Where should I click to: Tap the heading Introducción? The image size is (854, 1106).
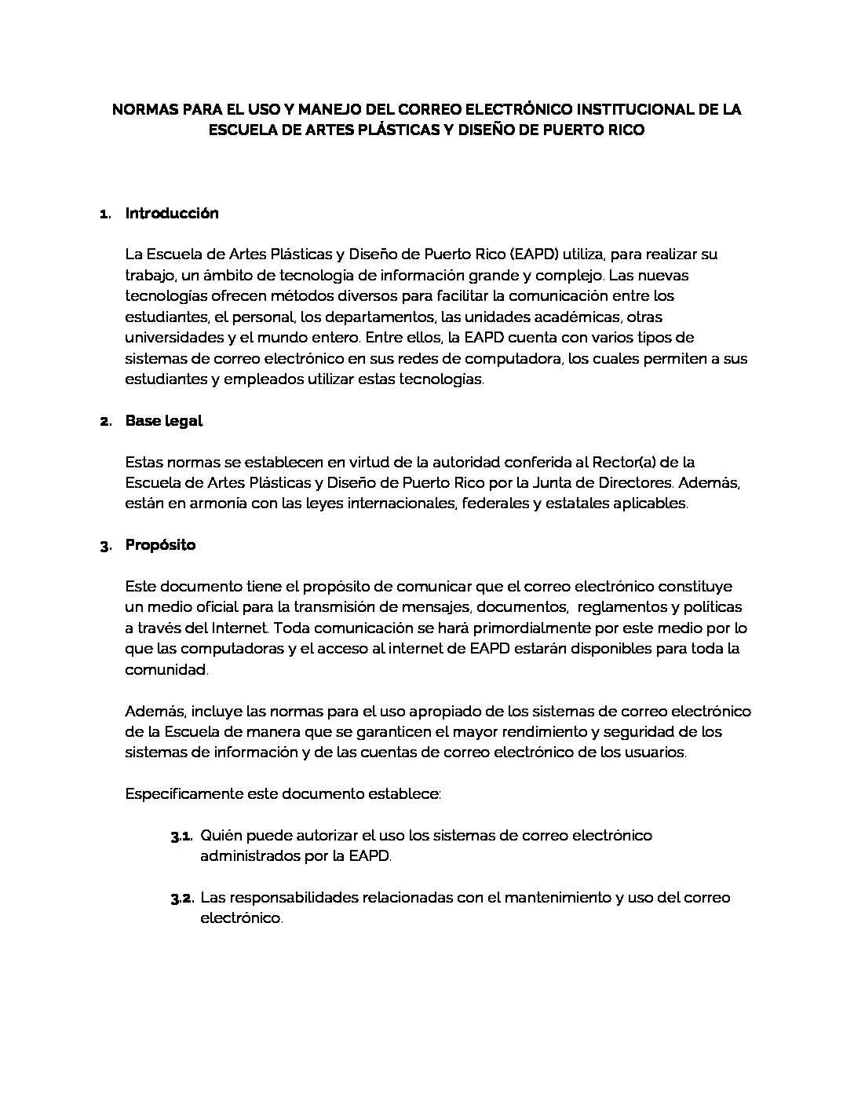(172, 213)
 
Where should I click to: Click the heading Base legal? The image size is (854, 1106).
(164, 421)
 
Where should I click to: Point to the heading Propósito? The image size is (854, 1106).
(160, 544)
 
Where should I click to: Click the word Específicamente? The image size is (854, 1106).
(183, 793)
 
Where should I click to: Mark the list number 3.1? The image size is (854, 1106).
(182, 836)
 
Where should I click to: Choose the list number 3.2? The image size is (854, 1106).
(182, 898)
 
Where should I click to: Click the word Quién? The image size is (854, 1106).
(221, 835)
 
